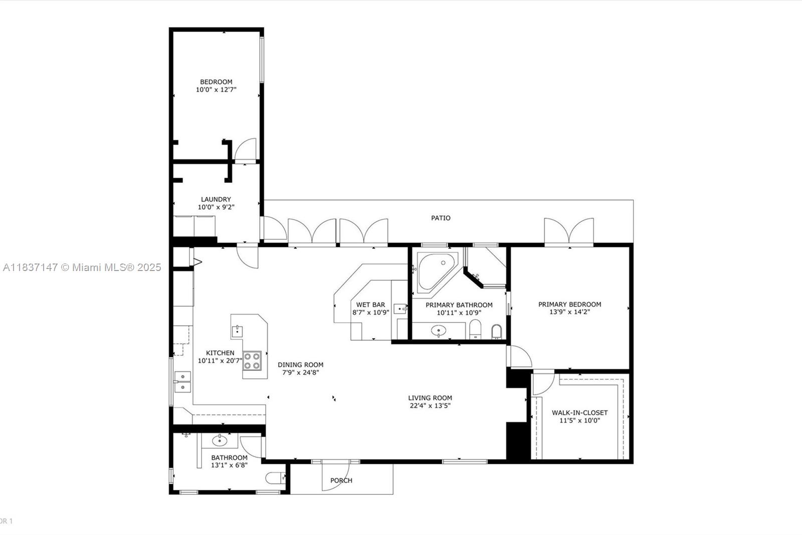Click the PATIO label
[x=441, y=218]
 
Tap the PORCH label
[x=341, y=480]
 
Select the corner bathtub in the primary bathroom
[x=437, y=272]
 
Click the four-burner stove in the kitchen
[x=252, y=361]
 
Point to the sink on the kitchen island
[x=237, y=331]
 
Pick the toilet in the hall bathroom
[x=275, y=478]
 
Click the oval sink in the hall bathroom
[x=220, y=441]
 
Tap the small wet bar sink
[x=399, y=309]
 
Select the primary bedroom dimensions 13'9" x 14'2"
[x=569, y=312]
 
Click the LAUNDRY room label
[x=216, y=199]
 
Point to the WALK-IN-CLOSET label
[x=579, y=413]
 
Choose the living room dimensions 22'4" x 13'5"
[x=430, y=406]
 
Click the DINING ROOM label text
[x=300, y=365]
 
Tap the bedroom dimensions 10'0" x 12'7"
[x=216, y=90]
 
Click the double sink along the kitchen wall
[x=182, y=381]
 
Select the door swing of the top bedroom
[x=245, y=150]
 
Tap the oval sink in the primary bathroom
[x=439, y=330]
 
